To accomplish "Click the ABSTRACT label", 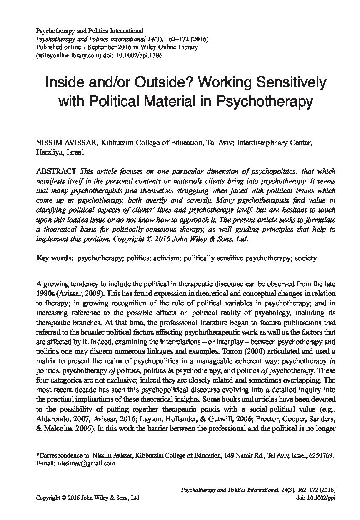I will point(56,172).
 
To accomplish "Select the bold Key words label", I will point(55,258).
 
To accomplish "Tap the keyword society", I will point(306,258).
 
